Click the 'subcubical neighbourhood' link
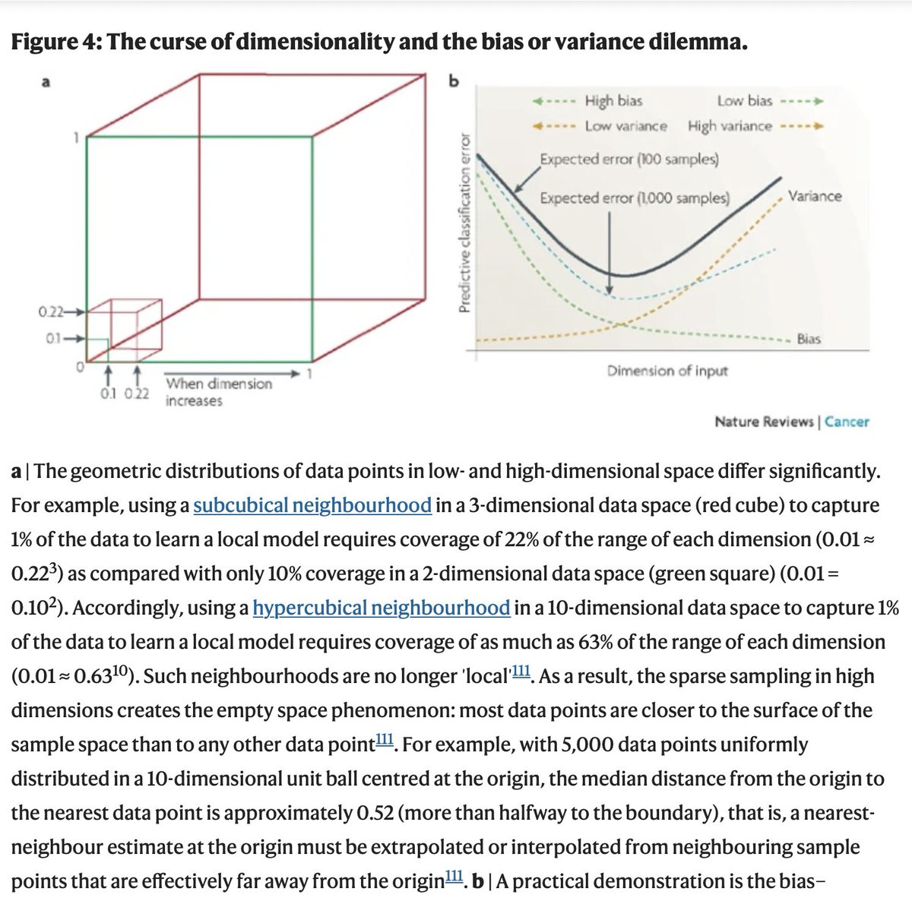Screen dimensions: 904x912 (x=312, y=505)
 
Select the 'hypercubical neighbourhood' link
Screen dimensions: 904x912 (x=381, y=608)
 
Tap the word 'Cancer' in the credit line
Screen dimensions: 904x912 (x=847, y=422)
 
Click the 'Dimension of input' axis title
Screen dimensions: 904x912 (x=667, y=371)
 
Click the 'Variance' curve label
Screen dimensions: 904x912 (x=815, y=196)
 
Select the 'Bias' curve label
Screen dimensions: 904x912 (x=809, y=339)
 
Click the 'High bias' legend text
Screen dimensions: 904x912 (x=613, y=100)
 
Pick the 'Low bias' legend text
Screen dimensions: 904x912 (x=744, y=100)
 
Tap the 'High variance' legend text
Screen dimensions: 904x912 (x=730, y=126)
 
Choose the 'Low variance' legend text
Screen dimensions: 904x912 (x=625, y=126)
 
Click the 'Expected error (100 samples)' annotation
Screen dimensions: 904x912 (x=629, y=160)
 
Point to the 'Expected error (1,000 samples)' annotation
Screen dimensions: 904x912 (x=635, y=198)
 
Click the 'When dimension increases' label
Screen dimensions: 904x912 (x=217, y=392)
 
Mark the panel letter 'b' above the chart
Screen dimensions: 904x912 (x=454, y=81)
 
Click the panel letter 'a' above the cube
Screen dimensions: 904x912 (x=46, y=82)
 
